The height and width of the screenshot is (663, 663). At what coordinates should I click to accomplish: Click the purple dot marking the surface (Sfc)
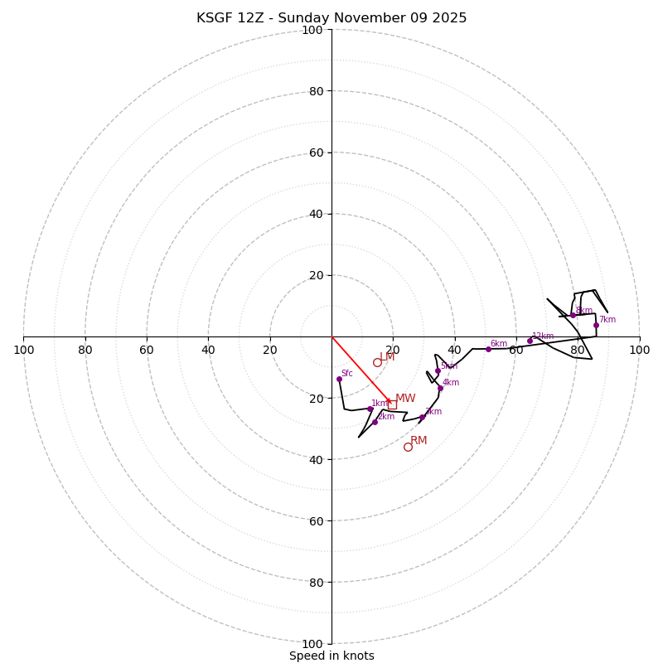point(339,379)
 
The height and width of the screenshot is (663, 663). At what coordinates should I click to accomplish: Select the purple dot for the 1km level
point(370,409)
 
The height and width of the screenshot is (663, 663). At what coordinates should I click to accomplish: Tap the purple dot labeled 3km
point(422,417)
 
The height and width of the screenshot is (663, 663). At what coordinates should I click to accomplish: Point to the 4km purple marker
point(440,388)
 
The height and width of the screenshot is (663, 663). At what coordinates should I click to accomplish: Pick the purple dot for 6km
point(488,349)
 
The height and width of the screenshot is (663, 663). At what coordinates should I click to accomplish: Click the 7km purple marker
point(596,325)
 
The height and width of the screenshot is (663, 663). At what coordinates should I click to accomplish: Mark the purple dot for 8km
point(573,315)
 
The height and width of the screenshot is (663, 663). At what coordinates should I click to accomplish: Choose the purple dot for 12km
point(530,341)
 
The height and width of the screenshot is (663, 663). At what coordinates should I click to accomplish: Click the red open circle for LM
point(377,362)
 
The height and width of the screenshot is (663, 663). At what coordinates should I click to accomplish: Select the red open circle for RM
point(408,447)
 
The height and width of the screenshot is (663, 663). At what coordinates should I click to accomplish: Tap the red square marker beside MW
point(392,404)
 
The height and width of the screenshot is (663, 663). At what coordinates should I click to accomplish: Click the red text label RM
point(419,441)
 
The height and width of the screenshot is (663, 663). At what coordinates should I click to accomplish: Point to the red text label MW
point(405,399)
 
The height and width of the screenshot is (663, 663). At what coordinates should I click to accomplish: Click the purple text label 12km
point(543,336)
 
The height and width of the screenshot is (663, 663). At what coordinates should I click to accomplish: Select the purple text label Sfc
point(347,374)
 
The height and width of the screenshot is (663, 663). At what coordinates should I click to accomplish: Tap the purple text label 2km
point(386,417)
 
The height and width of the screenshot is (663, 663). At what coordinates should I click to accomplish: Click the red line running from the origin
point(361,368)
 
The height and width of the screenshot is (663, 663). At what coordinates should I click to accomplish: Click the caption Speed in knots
point(331,656)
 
